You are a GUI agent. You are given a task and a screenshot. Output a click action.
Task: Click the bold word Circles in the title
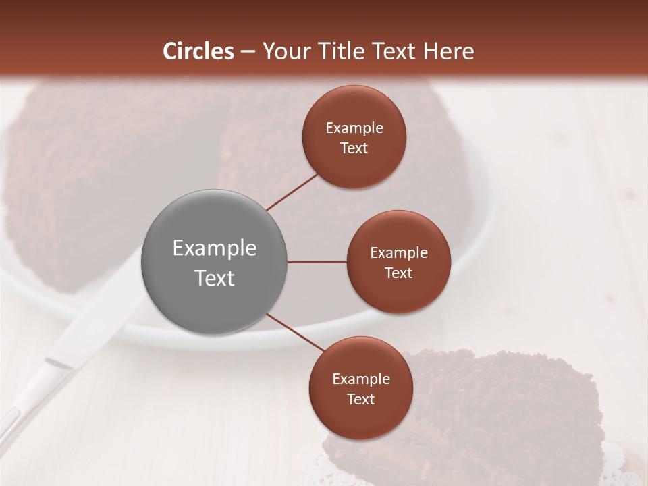(x=198, y=51)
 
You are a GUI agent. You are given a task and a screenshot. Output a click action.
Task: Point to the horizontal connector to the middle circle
(x=317, y=262)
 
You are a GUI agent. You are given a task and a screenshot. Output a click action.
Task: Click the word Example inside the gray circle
(x=215, y=248)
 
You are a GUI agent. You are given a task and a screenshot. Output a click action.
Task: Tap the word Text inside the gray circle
(x=215, y=278)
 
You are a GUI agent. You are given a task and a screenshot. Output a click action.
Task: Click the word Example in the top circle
(x=354, y=128)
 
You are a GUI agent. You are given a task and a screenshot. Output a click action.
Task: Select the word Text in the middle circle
(x=398, y=273)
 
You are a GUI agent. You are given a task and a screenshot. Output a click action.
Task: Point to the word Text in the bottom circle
(x=360, y=399)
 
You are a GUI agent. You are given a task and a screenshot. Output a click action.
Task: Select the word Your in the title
(x=282, y=51)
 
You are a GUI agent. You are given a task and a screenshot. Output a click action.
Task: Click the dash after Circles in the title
(x=247, y=51)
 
